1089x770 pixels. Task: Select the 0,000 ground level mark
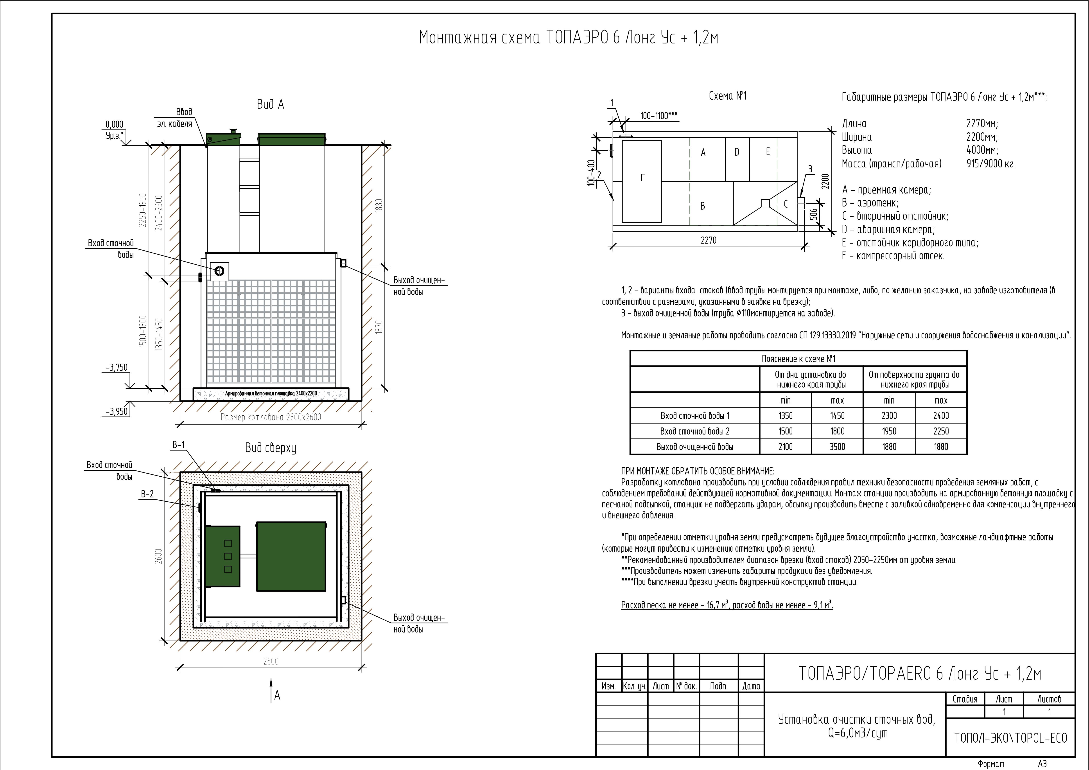click(114, 125)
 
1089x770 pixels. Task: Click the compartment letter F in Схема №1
click(643, 178)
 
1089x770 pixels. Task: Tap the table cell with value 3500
click(837, 446)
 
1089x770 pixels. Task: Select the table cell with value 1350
click(786, 416)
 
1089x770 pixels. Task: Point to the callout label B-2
click(147, 494)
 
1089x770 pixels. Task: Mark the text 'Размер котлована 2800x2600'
click(271, 417)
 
